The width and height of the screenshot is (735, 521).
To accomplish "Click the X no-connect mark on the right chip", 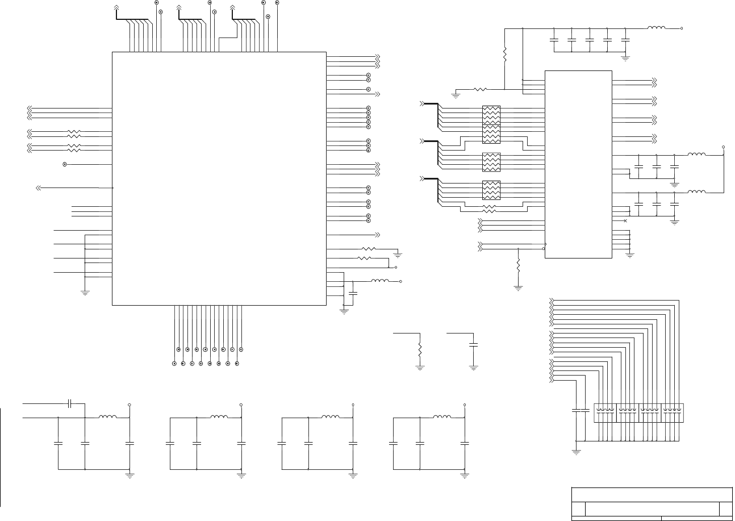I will point(625,220).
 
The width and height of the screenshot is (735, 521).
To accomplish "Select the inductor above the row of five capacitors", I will point(656,27).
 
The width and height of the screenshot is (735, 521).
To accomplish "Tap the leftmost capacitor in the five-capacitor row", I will point(554,40).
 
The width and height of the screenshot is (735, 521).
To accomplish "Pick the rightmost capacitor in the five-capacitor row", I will point(625,40).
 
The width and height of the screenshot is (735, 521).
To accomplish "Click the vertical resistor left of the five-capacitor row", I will point(504,55).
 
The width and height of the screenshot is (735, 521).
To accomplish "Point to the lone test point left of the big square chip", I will point(65,164).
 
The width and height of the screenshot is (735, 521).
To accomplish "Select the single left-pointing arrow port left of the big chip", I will point(38,187).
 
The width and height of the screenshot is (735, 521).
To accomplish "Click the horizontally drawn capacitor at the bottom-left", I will point(69,403).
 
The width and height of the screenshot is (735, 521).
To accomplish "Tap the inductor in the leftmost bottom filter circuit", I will point(108,418).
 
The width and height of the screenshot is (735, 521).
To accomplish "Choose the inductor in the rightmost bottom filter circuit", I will point(442,418).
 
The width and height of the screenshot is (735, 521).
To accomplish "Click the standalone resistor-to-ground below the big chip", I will point(420,349).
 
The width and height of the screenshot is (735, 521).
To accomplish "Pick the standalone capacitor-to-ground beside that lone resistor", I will point(474,345).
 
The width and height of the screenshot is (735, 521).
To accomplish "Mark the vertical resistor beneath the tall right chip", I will point(518,265).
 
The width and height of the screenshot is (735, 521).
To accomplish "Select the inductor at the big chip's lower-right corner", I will point(380,281).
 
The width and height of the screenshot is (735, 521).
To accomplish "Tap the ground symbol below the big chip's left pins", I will point(85,293).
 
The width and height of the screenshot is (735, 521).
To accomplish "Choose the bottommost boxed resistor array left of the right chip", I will point(491,190).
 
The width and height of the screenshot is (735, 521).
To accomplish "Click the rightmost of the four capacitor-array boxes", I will point(673,412).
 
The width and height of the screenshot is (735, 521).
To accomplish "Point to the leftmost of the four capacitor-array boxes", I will point(605,412).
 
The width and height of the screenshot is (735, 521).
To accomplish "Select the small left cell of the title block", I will point(578,509).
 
